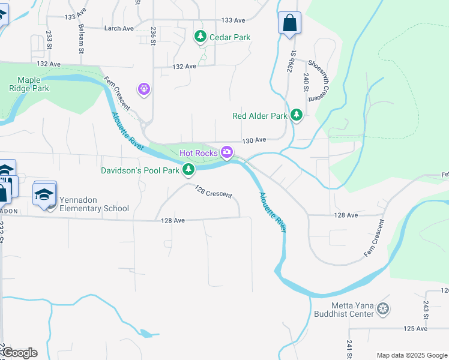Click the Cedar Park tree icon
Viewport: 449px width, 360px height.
point(200,37)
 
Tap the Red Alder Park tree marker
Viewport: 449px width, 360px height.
point(295,115)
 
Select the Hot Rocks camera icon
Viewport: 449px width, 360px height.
point(227,152)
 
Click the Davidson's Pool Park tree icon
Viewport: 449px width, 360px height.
point(188,170)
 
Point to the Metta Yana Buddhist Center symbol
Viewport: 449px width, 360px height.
point(383,310)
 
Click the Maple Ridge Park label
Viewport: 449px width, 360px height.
point(33,84)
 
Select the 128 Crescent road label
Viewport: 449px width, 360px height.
point(213,191)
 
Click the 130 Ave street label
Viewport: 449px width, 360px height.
point(254,140)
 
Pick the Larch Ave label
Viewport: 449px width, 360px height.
point(119,28)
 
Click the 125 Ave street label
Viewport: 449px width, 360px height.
point(415,329)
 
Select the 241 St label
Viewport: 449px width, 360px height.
point(349,347)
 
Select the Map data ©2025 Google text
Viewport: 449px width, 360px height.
point(411,355)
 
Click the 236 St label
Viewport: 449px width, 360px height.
point(154,34)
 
